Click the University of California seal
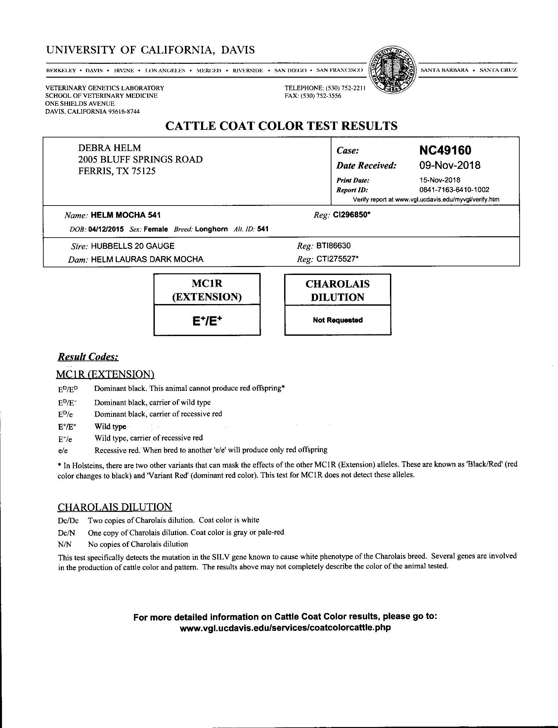(x=393, y=70)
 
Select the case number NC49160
(x=445, y=150)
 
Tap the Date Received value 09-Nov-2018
(x=450, y=165)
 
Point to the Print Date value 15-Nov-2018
(x=440, y=180)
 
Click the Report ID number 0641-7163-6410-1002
(x=454, y=190)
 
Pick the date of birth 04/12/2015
(x=106, y=229)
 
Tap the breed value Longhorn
(x=211, y=229)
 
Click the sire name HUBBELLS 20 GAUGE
(x=133, y=246)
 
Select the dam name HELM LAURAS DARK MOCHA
(x=147, y=259)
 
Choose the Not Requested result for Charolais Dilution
(x=337, y=320)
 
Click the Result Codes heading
(x=88, y=357)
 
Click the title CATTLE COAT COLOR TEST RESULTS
(x=281, y=126)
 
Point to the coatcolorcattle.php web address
(x=285, y=628)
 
